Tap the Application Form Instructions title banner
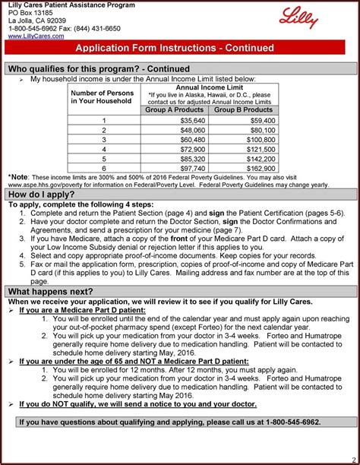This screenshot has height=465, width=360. pos(179,48)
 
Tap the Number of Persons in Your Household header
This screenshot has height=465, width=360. pos(103,97)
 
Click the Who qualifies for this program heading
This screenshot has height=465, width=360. pos(99,69)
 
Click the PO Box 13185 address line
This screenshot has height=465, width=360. pos(32,13)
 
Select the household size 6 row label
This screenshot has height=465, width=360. pos(103,168)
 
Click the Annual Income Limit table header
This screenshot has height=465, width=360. pos(209,87)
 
